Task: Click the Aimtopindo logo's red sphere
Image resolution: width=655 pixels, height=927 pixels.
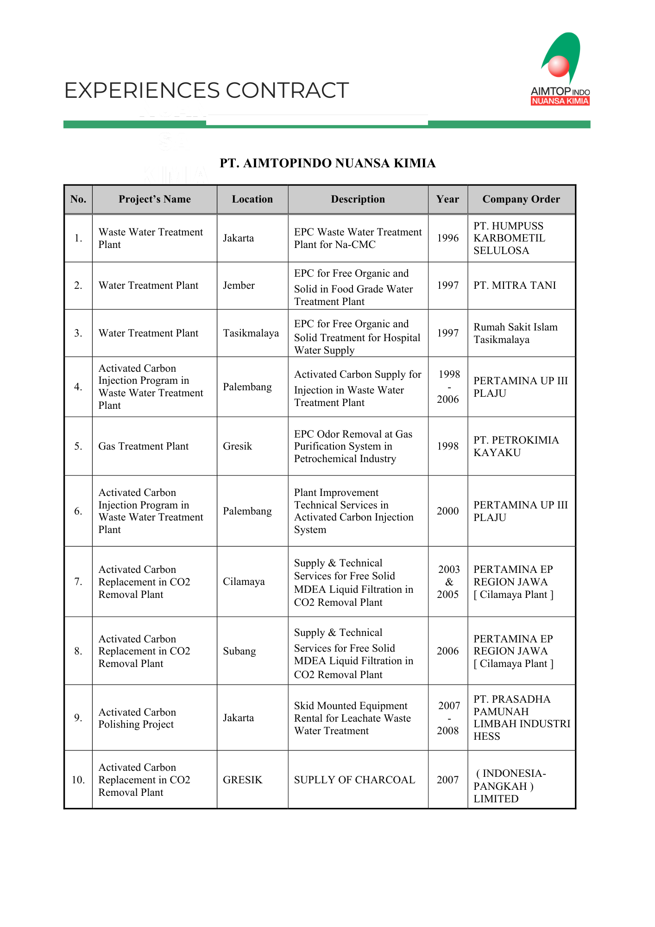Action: [x=558, y=66]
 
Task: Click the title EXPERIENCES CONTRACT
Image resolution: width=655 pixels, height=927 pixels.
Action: [x=206, y=90]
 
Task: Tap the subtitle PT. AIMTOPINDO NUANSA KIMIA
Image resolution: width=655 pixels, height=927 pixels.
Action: [x=327, y=163]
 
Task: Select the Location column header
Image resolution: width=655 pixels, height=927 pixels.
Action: [x=252, y=199]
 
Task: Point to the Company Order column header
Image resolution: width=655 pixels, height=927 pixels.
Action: [x=521, y=199]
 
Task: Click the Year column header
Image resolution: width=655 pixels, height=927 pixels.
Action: [x=447, y=199]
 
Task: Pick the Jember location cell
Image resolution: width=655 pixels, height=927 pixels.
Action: [x=239, y=286]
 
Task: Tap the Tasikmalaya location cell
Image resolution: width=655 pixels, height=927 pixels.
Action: [x=251, y=333]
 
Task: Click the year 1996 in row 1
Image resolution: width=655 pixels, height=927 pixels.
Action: [x=447, y=238]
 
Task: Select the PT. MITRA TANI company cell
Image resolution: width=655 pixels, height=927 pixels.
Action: [x=515, y=286]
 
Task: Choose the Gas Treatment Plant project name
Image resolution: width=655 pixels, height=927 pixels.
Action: [x=144, y=446]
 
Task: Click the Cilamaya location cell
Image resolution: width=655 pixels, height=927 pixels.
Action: [x=244, y=582]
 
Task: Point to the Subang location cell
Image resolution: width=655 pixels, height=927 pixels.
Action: [x=239, y=651]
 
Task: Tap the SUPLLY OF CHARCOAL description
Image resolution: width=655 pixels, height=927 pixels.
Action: [x=354, y=780]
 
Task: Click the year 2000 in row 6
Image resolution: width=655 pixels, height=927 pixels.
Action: [x=447, y=511]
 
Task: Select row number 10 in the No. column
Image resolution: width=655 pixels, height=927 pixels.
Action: [x=78, y=780]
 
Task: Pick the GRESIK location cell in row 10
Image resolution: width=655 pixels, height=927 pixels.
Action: [x=242, y=780]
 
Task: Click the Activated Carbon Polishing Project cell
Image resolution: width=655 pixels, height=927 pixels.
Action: [x=137, y=718]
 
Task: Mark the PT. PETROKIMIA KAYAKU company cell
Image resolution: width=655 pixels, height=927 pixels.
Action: [x=516, y=446]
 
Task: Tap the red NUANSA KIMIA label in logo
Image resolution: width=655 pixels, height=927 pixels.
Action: [x=560, y=102]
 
